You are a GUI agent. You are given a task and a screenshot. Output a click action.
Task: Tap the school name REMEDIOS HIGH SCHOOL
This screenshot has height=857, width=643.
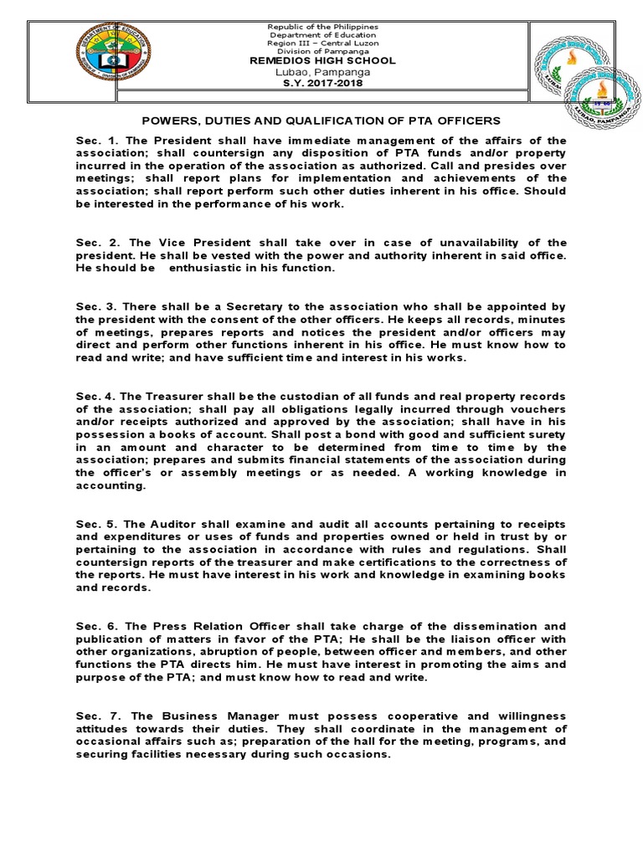[x=322, y=61]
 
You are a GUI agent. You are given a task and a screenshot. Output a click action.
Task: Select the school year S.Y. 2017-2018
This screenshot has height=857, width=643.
[x=322, y=83]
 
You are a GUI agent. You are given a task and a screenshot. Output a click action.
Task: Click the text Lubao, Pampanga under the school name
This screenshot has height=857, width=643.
[x=322, y=72]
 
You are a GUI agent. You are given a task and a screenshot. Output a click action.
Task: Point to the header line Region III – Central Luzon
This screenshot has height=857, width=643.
[x=322, y=43]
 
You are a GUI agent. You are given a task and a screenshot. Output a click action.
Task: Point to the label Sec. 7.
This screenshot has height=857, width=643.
[x=93, y=716]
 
